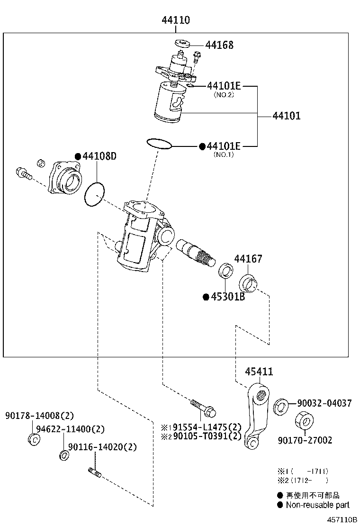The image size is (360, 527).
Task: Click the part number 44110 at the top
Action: click(x=176, y=20)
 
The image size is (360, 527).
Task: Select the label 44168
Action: click(x=219, y=45)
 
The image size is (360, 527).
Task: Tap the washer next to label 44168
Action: click(x=182, y=43)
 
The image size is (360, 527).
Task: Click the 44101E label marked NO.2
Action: click(x=224, y=86)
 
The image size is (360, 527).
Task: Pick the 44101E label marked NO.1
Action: click(x=224, y=146)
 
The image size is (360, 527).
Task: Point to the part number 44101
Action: click(x=286, y=116)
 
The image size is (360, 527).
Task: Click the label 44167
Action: click(x=248, y=259)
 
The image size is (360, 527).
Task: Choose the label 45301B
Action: click(x=227, y=297)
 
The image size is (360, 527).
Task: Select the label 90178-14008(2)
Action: click(x=40, y=416)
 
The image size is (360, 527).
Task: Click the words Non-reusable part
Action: click(x=317, y=505)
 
